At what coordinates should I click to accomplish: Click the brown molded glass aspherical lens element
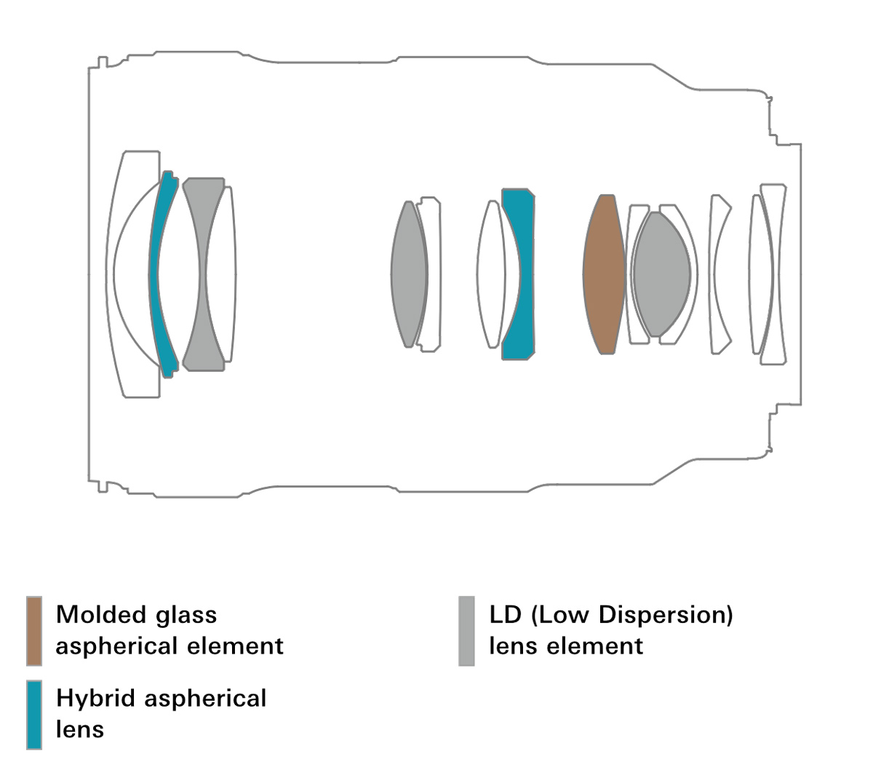(604, 274)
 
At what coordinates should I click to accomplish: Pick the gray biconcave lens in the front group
(204, 274)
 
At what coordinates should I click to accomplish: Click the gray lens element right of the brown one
(661, 274)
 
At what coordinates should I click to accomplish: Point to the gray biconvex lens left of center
(409, 274)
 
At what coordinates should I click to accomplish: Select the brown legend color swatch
(34, 631)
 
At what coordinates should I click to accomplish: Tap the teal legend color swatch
(34, 715)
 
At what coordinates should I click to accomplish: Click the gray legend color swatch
(466, 631)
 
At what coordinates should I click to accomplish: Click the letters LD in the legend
(505, 615)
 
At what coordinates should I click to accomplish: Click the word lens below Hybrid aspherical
(80, 729)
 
